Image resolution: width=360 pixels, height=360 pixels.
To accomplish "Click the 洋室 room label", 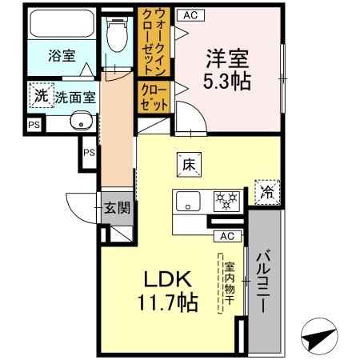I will tap(228, 59).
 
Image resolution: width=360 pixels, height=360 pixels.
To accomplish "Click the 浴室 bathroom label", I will tap(62, 55).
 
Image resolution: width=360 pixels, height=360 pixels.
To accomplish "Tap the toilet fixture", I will tap(117, 33).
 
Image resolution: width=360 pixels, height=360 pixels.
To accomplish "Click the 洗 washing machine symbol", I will tap(40, 94).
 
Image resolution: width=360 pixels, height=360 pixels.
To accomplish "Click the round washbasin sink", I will tap(79, 122).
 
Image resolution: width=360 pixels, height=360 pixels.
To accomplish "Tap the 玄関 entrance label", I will tap(117, 209).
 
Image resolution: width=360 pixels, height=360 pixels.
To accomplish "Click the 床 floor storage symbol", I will tap(189, 165).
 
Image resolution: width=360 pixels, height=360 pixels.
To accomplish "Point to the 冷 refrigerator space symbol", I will tap(267, 192).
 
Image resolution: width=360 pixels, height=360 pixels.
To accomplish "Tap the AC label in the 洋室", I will tap(189, 14).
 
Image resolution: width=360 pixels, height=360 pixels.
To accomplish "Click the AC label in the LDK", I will tap(227, 235).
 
